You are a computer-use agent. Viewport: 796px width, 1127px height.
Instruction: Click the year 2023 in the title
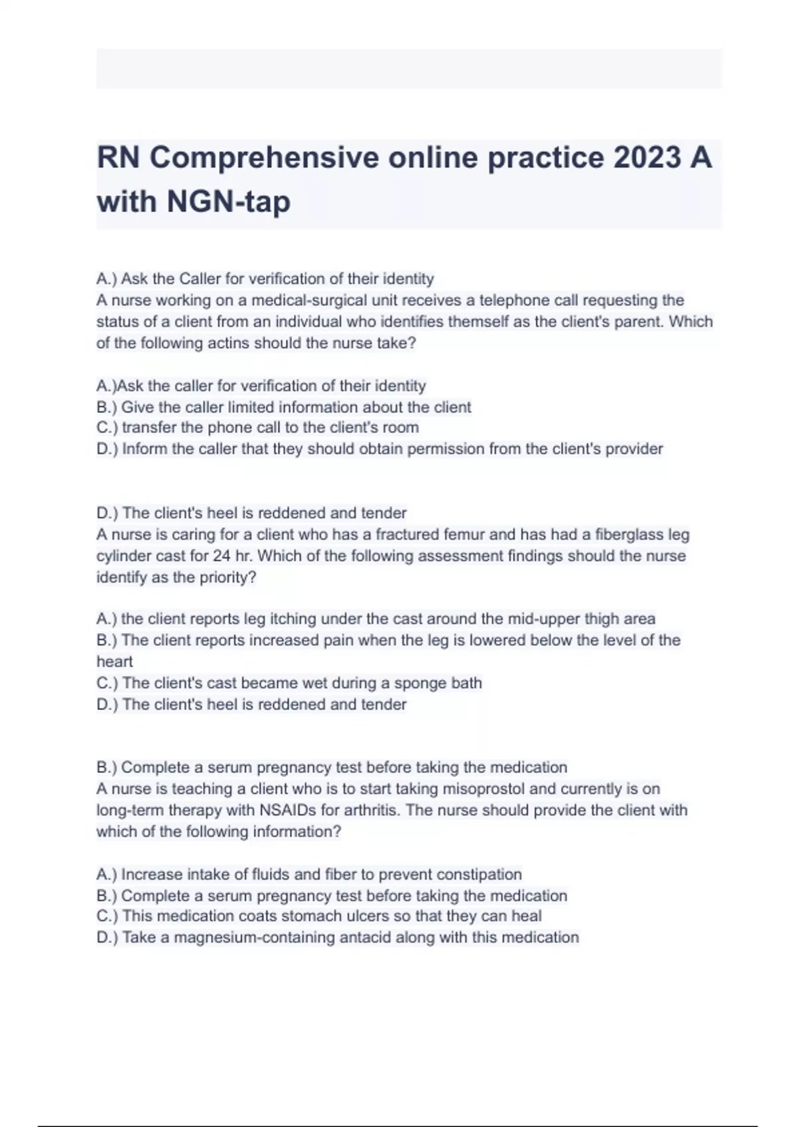[647, 158]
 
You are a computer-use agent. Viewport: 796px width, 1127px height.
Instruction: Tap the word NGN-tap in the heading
[228, 201]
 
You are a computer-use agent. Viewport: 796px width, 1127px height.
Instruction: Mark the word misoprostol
[483, 789]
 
